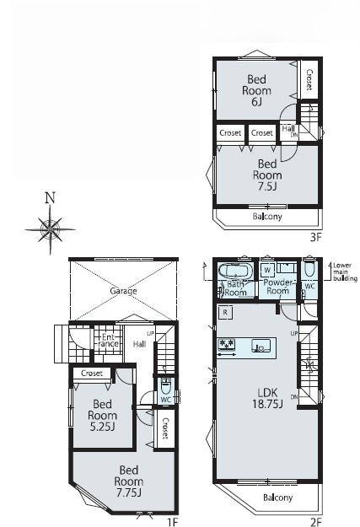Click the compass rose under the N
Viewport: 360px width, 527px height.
[x=50, y=230]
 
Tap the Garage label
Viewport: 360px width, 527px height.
[x=123, y=291]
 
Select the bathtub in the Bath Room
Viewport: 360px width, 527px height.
[x=235, y=271]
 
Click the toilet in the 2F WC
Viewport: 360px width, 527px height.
[x=309, y=269]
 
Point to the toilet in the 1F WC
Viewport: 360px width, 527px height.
[x=166, y=386]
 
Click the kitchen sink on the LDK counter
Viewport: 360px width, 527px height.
[x=261, y=346]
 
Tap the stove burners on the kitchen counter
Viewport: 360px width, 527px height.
[x=227, y=345]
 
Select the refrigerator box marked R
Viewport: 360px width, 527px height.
[x=225, y=312]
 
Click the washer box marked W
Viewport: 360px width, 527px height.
[x=267, y=270]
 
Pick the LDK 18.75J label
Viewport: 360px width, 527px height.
[x=267, y=398]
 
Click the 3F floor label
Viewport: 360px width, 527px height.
[x=315, y=238]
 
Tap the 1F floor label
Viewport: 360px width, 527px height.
[x=172, y=522]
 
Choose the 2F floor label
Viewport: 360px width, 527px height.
[x=316, y=522]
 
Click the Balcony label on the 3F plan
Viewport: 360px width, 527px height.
[x=267, y=216]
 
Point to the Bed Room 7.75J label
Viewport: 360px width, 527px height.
[x=129, y=481]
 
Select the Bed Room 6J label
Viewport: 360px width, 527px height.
[x=256, y=90]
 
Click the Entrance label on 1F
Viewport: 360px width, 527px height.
[x=108, y=340]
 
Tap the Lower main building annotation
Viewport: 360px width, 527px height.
[x=345, y=272]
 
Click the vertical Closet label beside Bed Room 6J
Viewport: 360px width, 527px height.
[x=309, y=79]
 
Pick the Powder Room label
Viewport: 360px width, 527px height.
[x=278, y=287]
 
